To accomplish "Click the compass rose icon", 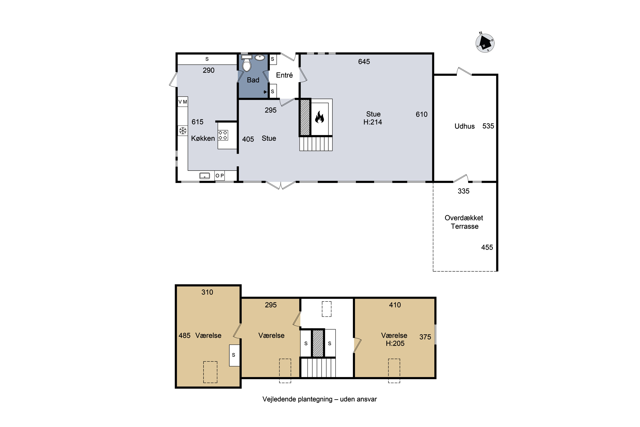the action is (x=485, y=42).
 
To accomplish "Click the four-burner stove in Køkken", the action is (x=223, y=135).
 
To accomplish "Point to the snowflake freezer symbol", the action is (x=183, y=131).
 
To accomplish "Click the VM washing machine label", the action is (x=183, y=102).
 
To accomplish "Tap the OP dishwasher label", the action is (x=220, y=176).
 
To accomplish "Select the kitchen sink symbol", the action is (x=205, y=176).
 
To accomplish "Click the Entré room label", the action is (x=284, y=75).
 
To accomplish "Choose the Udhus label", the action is (x=464, y=126).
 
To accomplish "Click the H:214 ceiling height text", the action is (x=372, y=122).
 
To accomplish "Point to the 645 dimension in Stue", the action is (x=364, y=61).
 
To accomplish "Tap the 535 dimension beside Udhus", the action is (x=488, y=126).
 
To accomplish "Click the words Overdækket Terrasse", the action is (x=464, y=222).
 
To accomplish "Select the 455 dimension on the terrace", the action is (x=487, y=247).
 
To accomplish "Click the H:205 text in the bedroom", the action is (x=395, y=343).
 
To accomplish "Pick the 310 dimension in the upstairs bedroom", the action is (x=207, y=292).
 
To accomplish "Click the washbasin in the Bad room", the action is (x=260, y=58).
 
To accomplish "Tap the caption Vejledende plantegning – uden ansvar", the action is (x=319, y=399).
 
